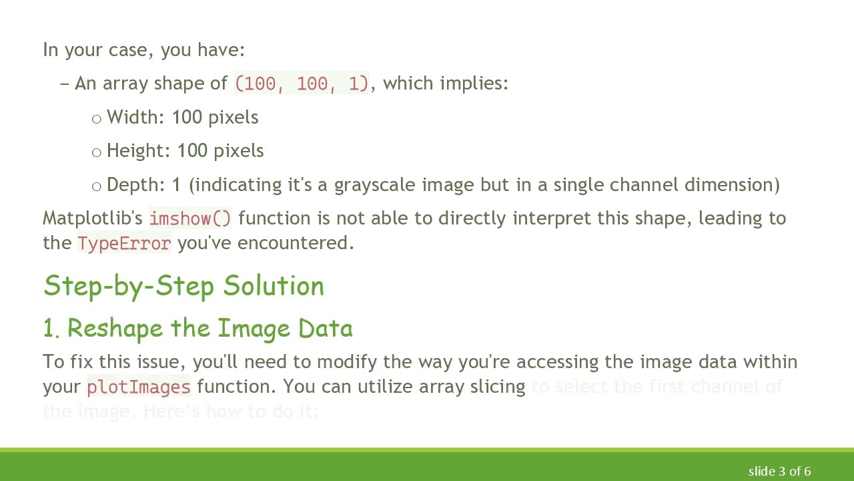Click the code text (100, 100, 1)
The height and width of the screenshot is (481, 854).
click(302, 84)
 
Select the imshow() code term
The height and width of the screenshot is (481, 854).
click(190, 218)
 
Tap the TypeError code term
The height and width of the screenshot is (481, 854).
click(124, 243)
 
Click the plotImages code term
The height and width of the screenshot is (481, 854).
click(139, 387)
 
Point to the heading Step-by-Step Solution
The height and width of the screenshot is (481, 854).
click(183, 286)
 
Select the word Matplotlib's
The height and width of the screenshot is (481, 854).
click(93, 218)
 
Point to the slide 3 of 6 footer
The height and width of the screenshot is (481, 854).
click(779, 471)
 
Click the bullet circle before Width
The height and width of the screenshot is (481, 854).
click(97, 119)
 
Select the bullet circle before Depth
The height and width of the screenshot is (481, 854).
click(97, 186)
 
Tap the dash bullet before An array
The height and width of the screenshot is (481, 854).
click(64, 84)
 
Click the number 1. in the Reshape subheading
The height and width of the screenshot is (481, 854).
click(51, 329)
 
